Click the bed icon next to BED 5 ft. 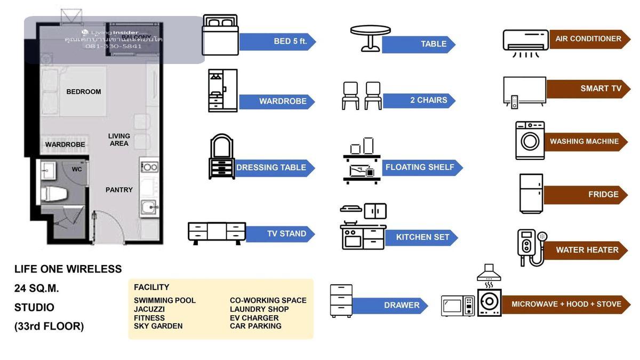point(220,35)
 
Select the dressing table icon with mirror point(221,156)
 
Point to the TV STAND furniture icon point(217,234)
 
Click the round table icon point(370,38)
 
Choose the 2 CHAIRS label point(419,100)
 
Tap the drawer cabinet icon point(341,301)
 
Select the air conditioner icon point(525,42)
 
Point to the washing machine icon point(530,141)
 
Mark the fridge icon point(531,194)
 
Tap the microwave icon point(457,306)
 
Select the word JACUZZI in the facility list point(149,309)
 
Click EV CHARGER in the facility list point(254,318)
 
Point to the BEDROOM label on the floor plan point(84,92)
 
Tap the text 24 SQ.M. point(37,289)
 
